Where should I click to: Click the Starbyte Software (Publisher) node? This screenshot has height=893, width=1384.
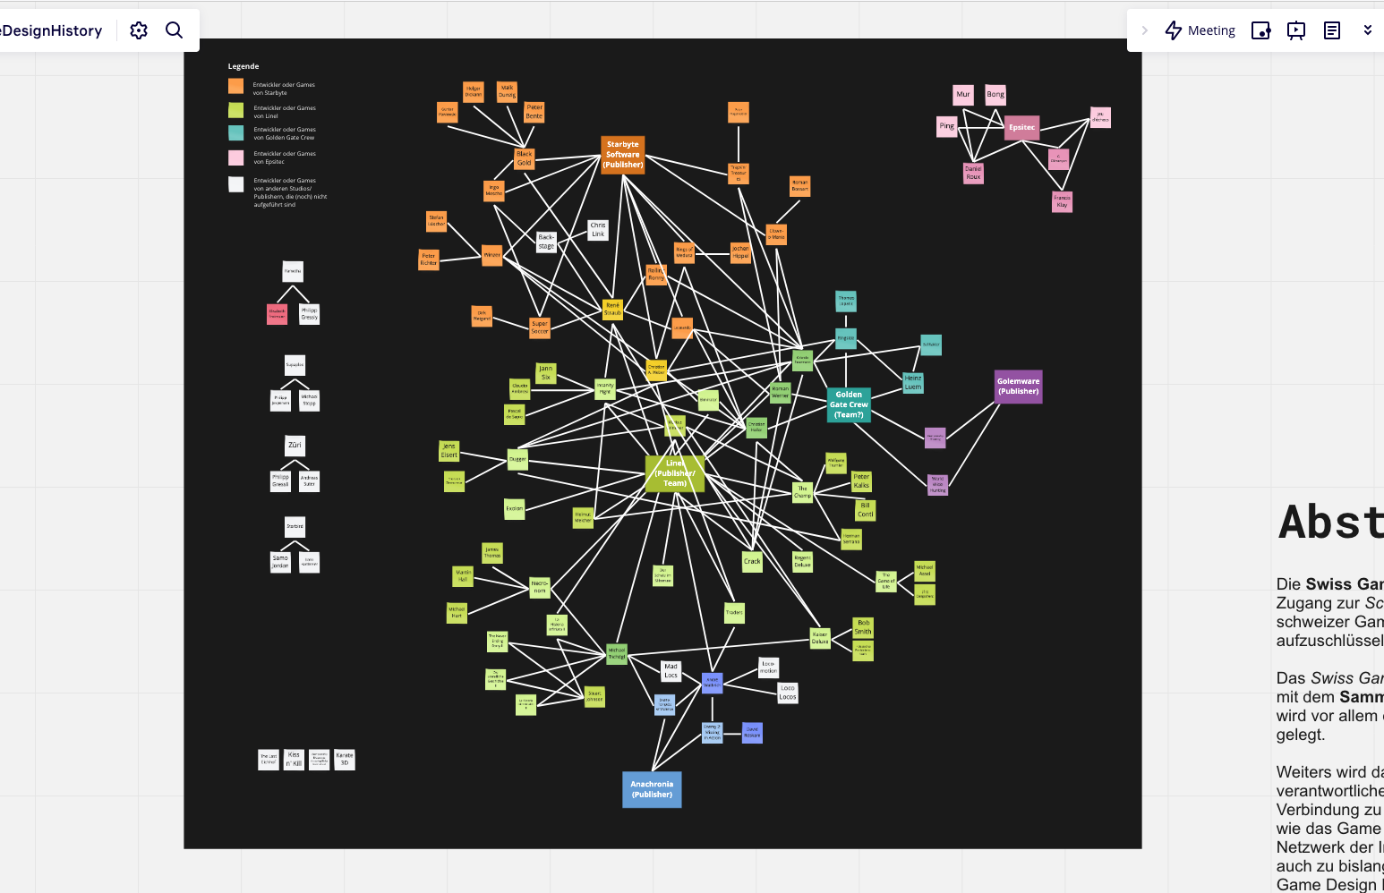click(622, 155)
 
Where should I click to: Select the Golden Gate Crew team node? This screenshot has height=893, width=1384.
click(848, 404)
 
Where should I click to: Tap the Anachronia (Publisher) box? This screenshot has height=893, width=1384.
click(652, 789)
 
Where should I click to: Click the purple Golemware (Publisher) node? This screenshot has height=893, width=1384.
click(1018, 387)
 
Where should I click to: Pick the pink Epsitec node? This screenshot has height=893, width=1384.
click(1021, 127)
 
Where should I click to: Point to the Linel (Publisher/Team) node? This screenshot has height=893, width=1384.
click(674, 473)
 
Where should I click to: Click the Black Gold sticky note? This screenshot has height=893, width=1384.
click(525, 158)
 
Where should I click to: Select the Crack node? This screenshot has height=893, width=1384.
click(752, 562)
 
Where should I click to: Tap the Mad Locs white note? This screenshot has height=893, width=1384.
click(671, 671)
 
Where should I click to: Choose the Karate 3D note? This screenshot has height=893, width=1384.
click(345, 760)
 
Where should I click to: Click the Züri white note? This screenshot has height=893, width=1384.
click(295, 446)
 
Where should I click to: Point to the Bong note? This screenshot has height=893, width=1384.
click(995, 94)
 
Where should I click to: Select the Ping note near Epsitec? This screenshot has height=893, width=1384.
click(947, 126)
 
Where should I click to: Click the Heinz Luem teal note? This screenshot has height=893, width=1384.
click(912, 383)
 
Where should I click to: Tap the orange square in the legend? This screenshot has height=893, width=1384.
click(235, 86)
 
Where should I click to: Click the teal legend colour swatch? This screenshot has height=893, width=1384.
click(235, 132)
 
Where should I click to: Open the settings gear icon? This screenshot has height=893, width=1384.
click(139, 30)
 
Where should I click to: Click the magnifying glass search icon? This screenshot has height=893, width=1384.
click(175, 30)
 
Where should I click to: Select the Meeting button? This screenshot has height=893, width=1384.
click(1200, 30)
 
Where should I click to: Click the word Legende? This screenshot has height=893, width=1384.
click(243, 66)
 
